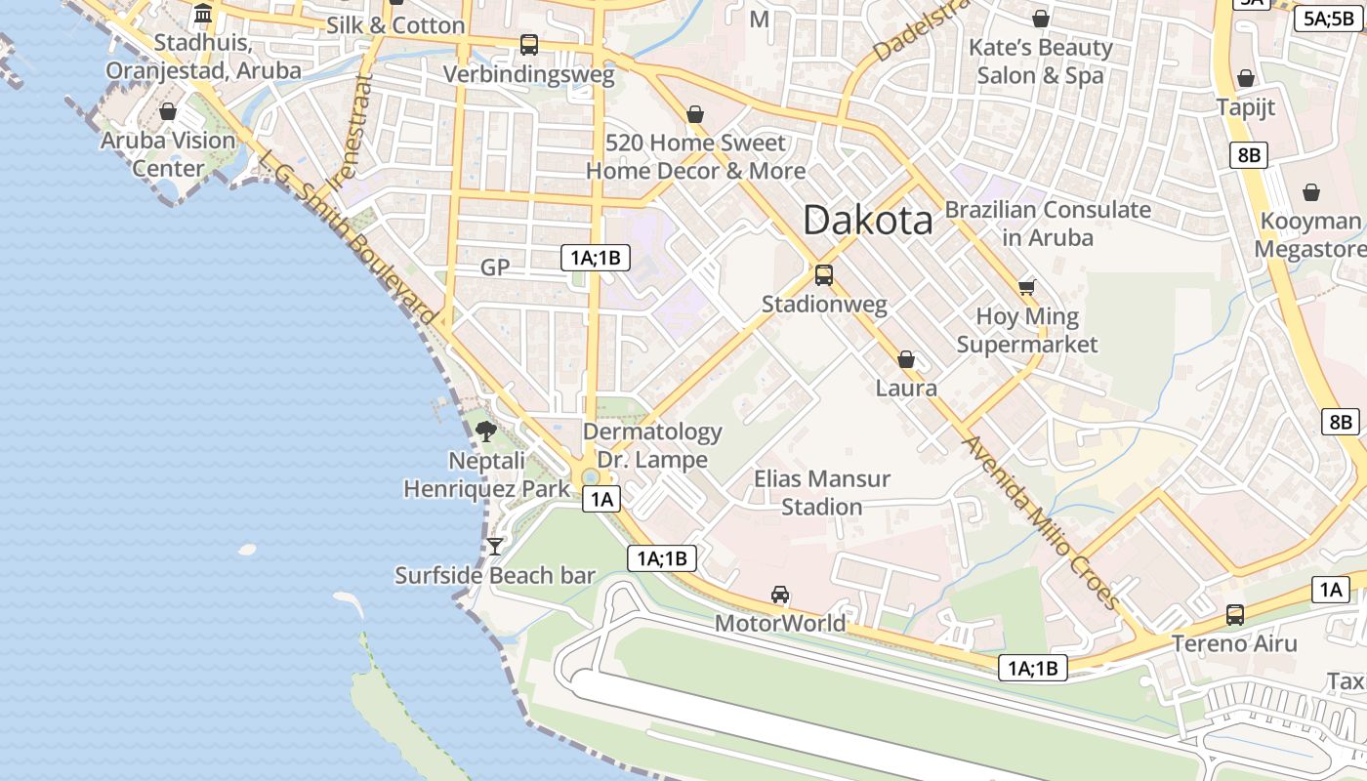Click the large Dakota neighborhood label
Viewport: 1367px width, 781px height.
(x=867, y=221)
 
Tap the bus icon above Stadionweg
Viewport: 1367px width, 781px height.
(x=824, y=275)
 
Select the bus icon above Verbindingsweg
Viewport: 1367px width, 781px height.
(x=529, y=44)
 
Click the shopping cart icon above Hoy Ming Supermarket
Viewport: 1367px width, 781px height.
(x=1026, y=286)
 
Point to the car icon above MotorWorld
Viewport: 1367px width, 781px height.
(x=780, y=594)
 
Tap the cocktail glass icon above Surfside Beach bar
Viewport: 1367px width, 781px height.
(x=495, y=546)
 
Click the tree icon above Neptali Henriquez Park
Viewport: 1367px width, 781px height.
(x=485, y=430)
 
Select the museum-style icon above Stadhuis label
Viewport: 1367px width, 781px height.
(x=203, y=14)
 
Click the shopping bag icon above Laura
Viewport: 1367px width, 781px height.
(x=906, y=359)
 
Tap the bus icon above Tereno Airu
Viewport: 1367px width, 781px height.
(x=1235, y=614)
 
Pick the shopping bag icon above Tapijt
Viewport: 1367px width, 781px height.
(x=1246, y=77)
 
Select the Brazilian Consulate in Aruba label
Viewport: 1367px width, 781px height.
(x=1048, y=223)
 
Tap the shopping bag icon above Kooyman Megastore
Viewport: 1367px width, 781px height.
(x=1310, y=192)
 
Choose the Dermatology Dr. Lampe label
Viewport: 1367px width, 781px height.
(x=652, y=445)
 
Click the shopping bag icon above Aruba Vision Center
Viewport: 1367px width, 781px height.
(x=168, y=111)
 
